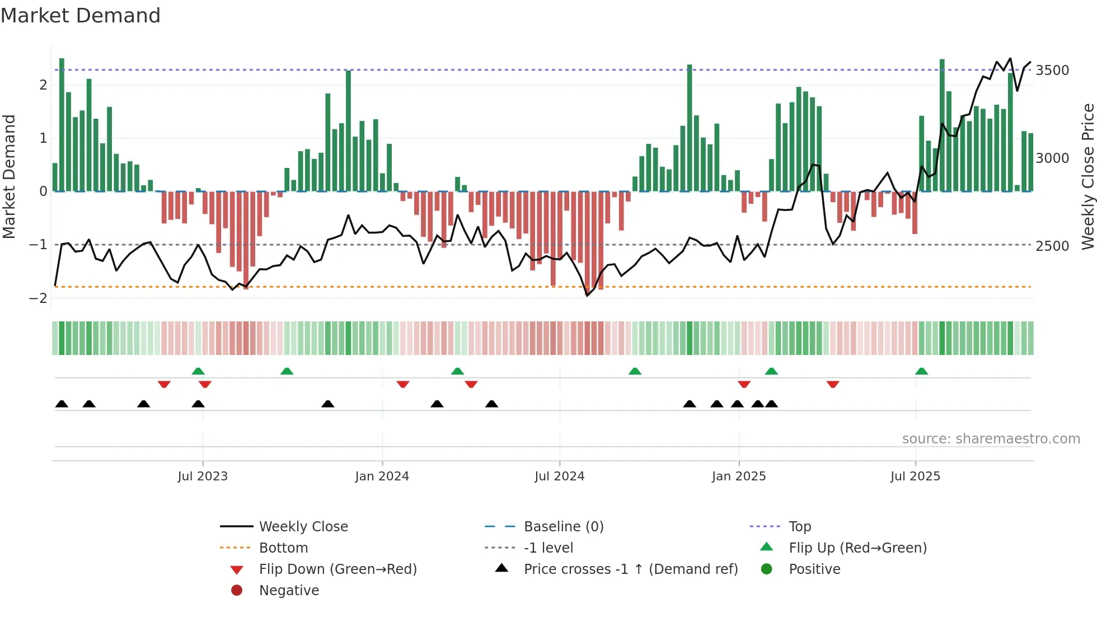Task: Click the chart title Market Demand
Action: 81,16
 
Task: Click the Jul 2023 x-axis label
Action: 203,476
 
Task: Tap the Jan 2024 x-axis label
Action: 382,476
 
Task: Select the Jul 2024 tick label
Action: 559,476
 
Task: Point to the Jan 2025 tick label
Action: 738,476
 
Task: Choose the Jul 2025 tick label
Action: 915,476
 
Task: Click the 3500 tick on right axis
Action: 1052,71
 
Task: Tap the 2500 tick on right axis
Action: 1052,246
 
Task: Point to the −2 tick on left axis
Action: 38,298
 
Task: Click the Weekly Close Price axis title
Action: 1087,176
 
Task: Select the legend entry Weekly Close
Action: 303,527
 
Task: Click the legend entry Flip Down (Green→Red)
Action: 337,569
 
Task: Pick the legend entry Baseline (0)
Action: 563,527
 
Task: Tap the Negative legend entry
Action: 289,591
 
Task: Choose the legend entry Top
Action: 799,527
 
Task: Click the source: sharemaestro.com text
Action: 991,439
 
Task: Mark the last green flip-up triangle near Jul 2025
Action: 921,371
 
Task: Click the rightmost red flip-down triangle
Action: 833,384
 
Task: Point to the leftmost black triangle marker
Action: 62,404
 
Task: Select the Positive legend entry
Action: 814,569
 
